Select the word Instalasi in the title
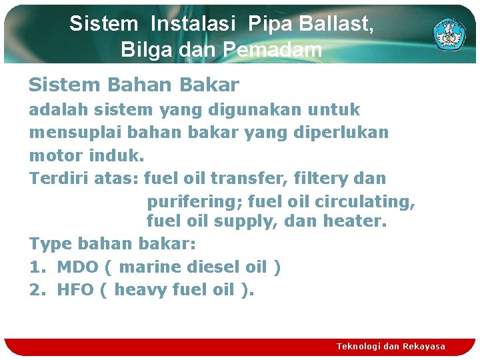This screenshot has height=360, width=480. pos(193,24)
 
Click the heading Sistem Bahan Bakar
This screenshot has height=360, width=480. pos(133,85)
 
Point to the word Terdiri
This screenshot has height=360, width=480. pos(55,179)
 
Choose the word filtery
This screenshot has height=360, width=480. pos(318,179)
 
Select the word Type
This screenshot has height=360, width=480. pos(51,244)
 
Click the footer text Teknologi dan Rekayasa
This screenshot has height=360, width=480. pos(391,346)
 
